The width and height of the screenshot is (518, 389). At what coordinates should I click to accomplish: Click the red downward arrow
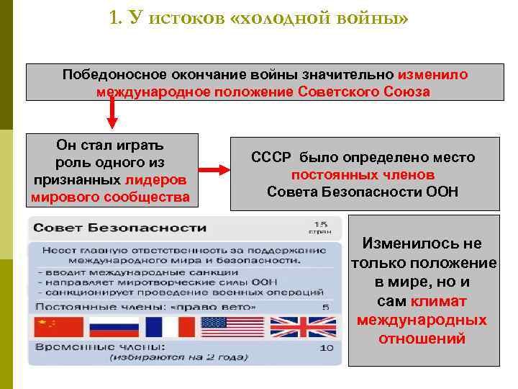point(112,113)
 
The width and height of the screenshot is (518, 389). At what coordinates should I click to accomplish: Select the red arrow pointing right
point(212,170)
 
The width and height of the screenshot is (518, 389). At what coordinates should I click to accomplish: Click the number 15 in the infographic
point(321,223)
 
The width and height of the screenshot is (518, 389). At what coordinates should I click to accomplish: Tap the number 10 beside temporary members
point(326,348)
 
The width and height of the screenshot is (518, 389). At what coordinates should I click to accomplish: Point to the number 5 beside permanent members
point(325,308)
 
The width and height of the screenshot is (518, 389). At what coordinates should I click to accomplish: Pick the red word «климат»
point(438,301)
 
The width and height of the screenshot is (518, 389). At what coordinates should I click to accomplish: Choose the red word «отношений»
point(422,339)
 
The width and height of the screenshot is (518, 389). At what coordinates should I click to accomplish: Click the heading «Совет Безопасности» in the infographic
point(118,228)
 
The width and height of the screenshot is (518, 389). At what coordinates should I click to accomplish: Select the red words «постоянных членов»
point(363,175)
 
